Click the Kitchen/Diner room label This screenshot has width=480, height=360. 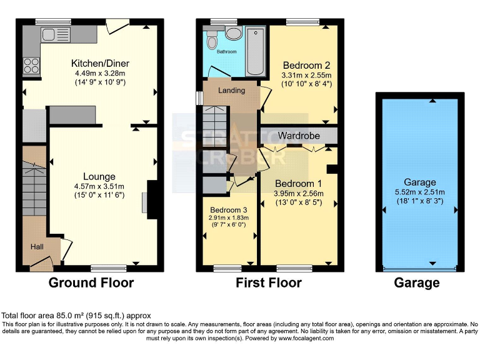(100, 63)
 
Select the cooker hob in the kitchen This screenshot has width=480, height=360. (31, 66)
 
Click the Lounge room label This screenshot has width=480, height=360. (100, 177)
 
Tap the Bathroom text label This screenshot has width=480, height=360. (226, 52)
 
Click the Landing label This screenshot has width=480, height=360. (231, 91)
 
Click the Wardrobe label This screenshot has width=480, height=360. (299, 136)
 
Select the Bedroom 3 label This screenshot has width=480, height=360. (227, 209)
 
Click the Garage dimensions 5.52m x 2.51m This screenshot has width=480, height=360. (419, 192)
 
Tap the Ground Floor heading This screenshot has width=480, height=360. (91, 283)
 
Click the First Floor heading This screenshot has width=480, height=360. (268, 283)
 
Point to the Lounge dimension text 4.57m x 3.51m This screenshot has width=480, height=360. (100, 186)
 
